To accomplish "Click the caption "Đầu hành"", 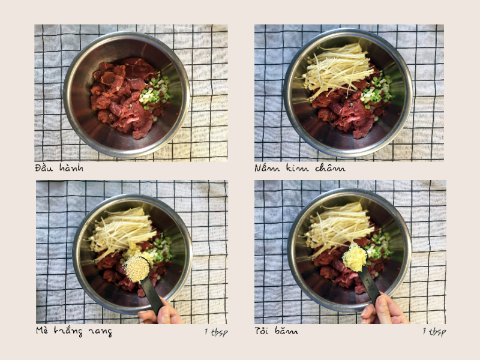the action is [59, 167].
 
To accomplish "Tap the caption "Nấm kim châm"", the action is [299, 167].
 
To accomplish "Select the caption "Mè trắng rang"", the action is [74, 331].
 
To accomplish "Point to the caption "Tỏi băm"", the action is [276, 331].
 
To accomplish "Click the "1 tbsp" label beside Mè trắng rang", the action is [216, 332].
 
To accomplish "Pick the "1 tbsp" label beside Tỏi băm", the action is [434, 332].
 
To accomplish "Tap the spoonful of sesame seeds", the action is [137, 269].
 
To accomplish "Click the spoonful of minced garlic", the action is [355, 258].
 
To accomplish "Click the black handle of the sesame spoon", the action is [152, 296].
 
